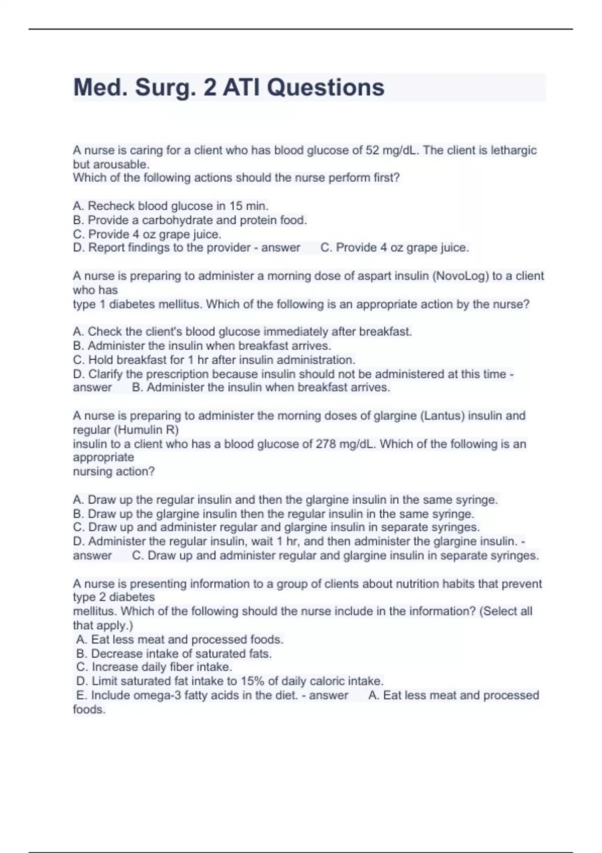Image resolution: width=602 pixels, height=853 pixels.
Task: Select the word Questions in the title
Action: [326, 88]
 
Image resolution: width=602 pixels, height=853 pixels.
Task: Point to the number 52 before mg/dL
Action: [372, 151]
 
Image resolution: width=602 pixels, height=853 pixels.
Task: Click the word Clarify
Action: [105, 374]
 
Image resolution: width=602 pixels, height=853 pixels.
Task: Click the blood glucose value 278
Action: [326, 444]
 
